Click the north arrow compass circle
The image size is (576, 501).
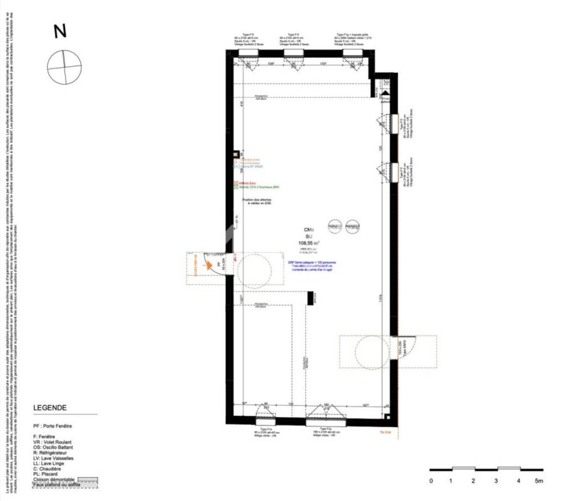click(64, 67)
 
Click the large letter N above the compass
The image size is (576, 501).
click(60, 31)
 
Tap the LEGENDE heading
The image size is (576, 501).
click(50, 408)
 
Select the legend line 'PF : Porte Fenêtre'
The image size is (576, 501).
click(52, 426)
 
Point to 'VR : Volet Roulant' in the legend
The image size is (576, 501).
click(52, 442)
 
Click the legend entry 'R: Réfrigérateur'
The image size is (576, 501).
click(50, 453)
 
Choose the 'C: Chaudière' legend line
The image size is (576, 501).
click(47, 469)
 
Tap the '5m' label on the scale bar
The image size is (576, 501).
click(538, 481)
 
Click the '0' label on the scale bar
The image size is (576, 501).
click(431, 481)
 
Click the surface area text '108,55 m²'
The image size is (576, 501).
click(309, 243)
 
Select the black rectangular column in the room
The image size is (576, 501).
click(310, 298)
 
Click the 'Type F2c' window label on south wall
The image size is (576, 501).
click(324, 430)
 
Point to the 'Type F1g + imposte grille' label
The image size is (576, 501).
click(352, 35)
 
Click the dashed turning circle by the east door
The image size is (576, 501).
click(372, 352)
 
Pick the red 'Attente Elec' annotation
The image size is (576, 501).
click(247, 183)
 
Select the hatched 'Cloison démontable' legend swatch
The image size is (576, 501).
click(88, 480)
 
